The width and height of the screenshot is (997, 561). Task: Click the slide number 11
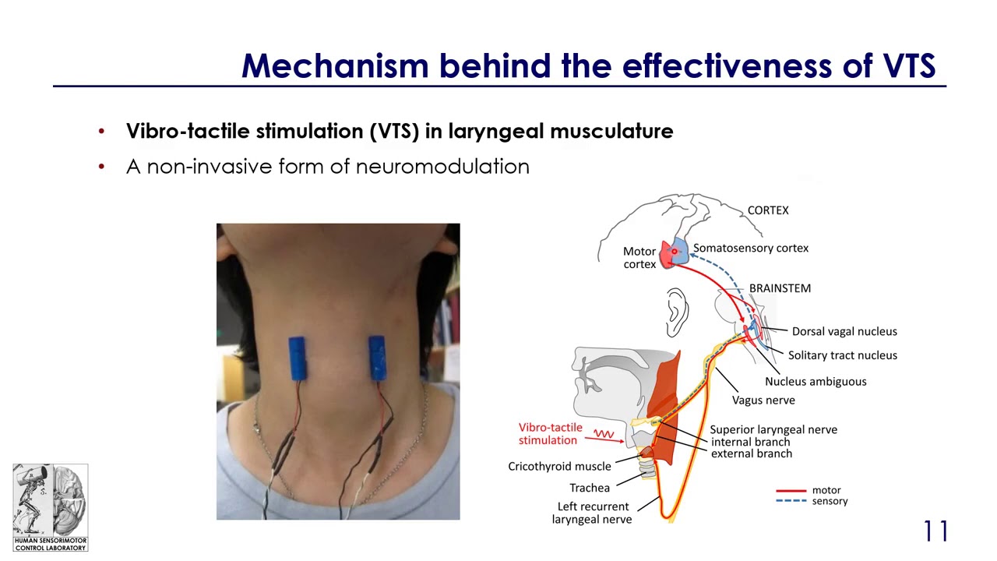coord(935,531)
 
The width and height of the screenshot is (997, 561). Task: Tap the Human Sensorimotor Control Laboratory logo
coord(50,507)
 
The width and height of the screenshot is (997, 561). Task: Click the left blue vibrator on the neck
coord(296,358)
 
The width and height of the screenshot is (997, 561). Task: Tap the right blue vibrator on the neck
coord(377,358)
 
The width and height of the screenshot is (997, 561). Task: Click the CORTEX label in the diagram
coord(768,210)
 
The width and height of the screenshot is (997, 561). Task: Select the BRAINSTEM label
coord(780,288)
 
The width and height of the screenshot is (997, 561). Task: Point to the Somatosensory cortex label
coord(751,248)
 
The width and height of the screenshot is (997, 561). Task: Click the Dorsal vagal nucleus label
coord(844,331)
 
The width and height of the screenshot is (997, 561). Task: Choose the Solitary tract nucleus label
coord(842,355)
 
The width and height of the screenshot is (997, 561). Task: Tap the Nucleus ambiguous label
coord(816,381)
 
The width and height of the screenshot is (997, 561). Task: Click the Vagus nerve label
coord(763,400)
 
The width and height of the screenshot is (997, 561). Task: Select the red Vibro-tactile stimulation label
coord(550,434)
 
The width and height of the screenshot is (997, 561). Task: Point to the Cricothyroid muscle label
coord(559,467)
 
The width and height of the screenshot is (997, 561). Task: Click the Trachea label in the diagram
coord(590,488)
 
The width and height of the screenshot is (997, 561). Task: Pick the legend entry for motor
coord(826,490)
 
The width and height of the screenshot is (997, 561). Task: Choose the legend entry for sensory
coord(830,501)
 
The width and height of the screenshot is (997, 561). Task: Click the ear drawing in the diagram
coord(676,312)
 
